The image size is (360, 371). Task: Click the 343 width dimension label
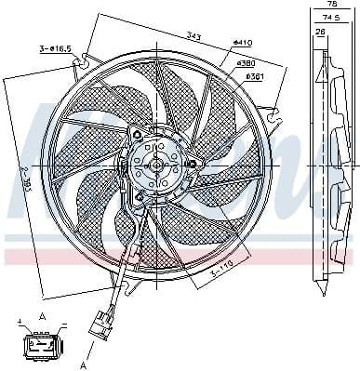(192, 36)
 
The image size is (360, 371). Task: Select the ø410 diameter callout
(243, 43)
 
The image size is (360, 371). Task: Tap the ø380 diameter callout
(247, 62)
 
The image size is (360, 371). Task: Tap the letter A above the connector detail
(41, 315)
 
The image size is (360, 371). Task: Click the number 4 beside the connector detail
(19, 321)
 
